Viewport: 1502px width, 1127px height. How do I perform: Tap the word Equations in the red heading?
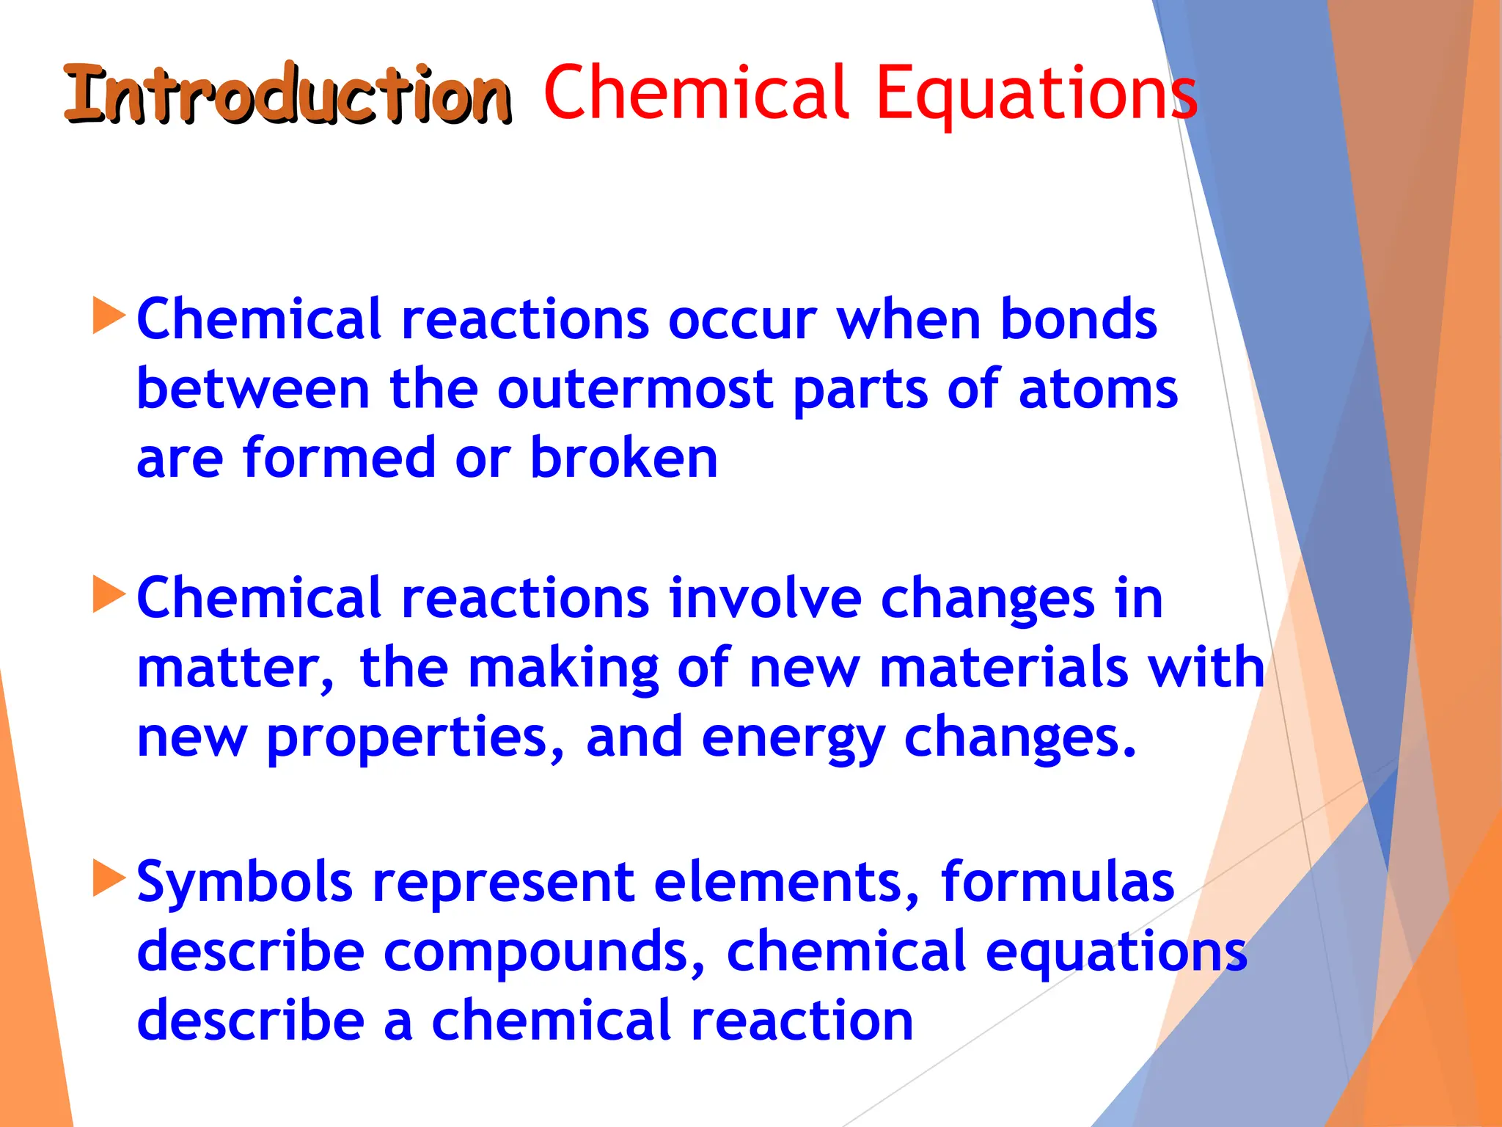click(1036, 94)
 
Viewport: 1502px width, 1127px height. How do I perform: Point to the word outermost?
click(634, 389)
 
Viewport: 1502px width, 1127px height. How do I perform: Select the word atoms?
click(1098, 389)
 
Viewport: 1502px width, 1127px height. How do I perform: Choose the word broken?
click(623, 458)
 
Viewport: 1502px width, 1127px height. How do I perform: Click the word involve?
click(765, 599)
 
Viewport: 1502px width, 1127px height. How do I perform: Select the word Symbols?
click(245, 882)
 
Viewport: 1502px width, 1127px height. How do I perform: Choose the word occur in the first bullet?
click(742, 321)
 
